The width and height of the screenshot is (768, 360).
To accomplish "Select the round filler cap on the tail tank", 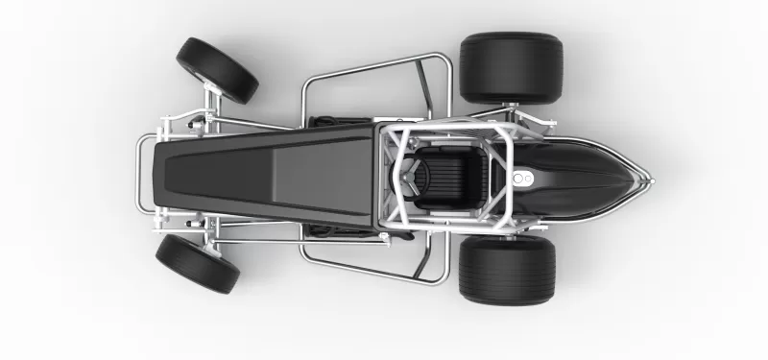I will click(520, 179).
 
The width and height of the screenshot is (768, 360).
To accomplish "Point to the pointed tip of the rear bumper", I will click(648, 179).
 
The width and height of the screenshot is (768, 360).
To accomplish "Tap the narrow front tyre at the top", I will click(217, 70).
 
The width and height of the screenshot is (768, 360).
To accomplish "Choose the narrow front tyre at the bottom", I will click(198, 264).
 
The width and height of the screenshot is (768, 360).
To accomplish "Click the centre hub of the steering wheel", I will click(412, 177).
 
